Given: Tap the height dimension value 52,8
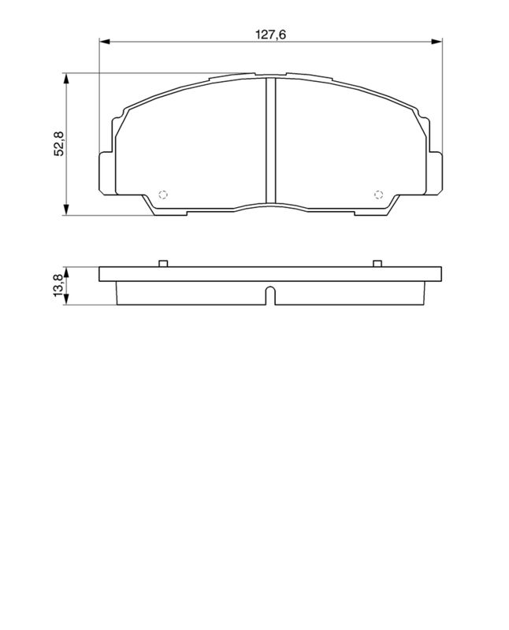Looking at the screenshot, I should click(x=58, y=144).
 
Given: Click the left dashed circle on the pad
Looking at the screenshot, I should click(x=164, y=195).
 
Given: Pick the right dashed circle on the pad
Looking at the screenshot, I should click(x=377, y=195).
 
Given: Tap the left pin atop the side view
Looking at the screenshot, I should click(x=162, y=264).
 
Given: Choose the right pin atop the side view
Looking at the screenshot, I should click(x=377, y=264).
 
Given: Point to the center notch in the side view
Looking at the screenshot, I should click(x=269, y=296).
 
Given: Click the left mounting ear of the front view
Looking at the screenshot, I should click(x=106, y=172).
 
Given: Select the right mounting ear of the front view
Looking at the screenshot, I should click(x=435, y=172).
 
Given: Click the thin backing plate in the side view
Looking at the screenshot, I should click(x=269, y=275).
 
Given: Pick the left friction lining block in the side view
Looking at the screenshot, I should click(x=189, y=293).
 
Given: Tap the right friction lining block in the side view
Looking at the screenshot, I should click(x=351, y=293).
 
